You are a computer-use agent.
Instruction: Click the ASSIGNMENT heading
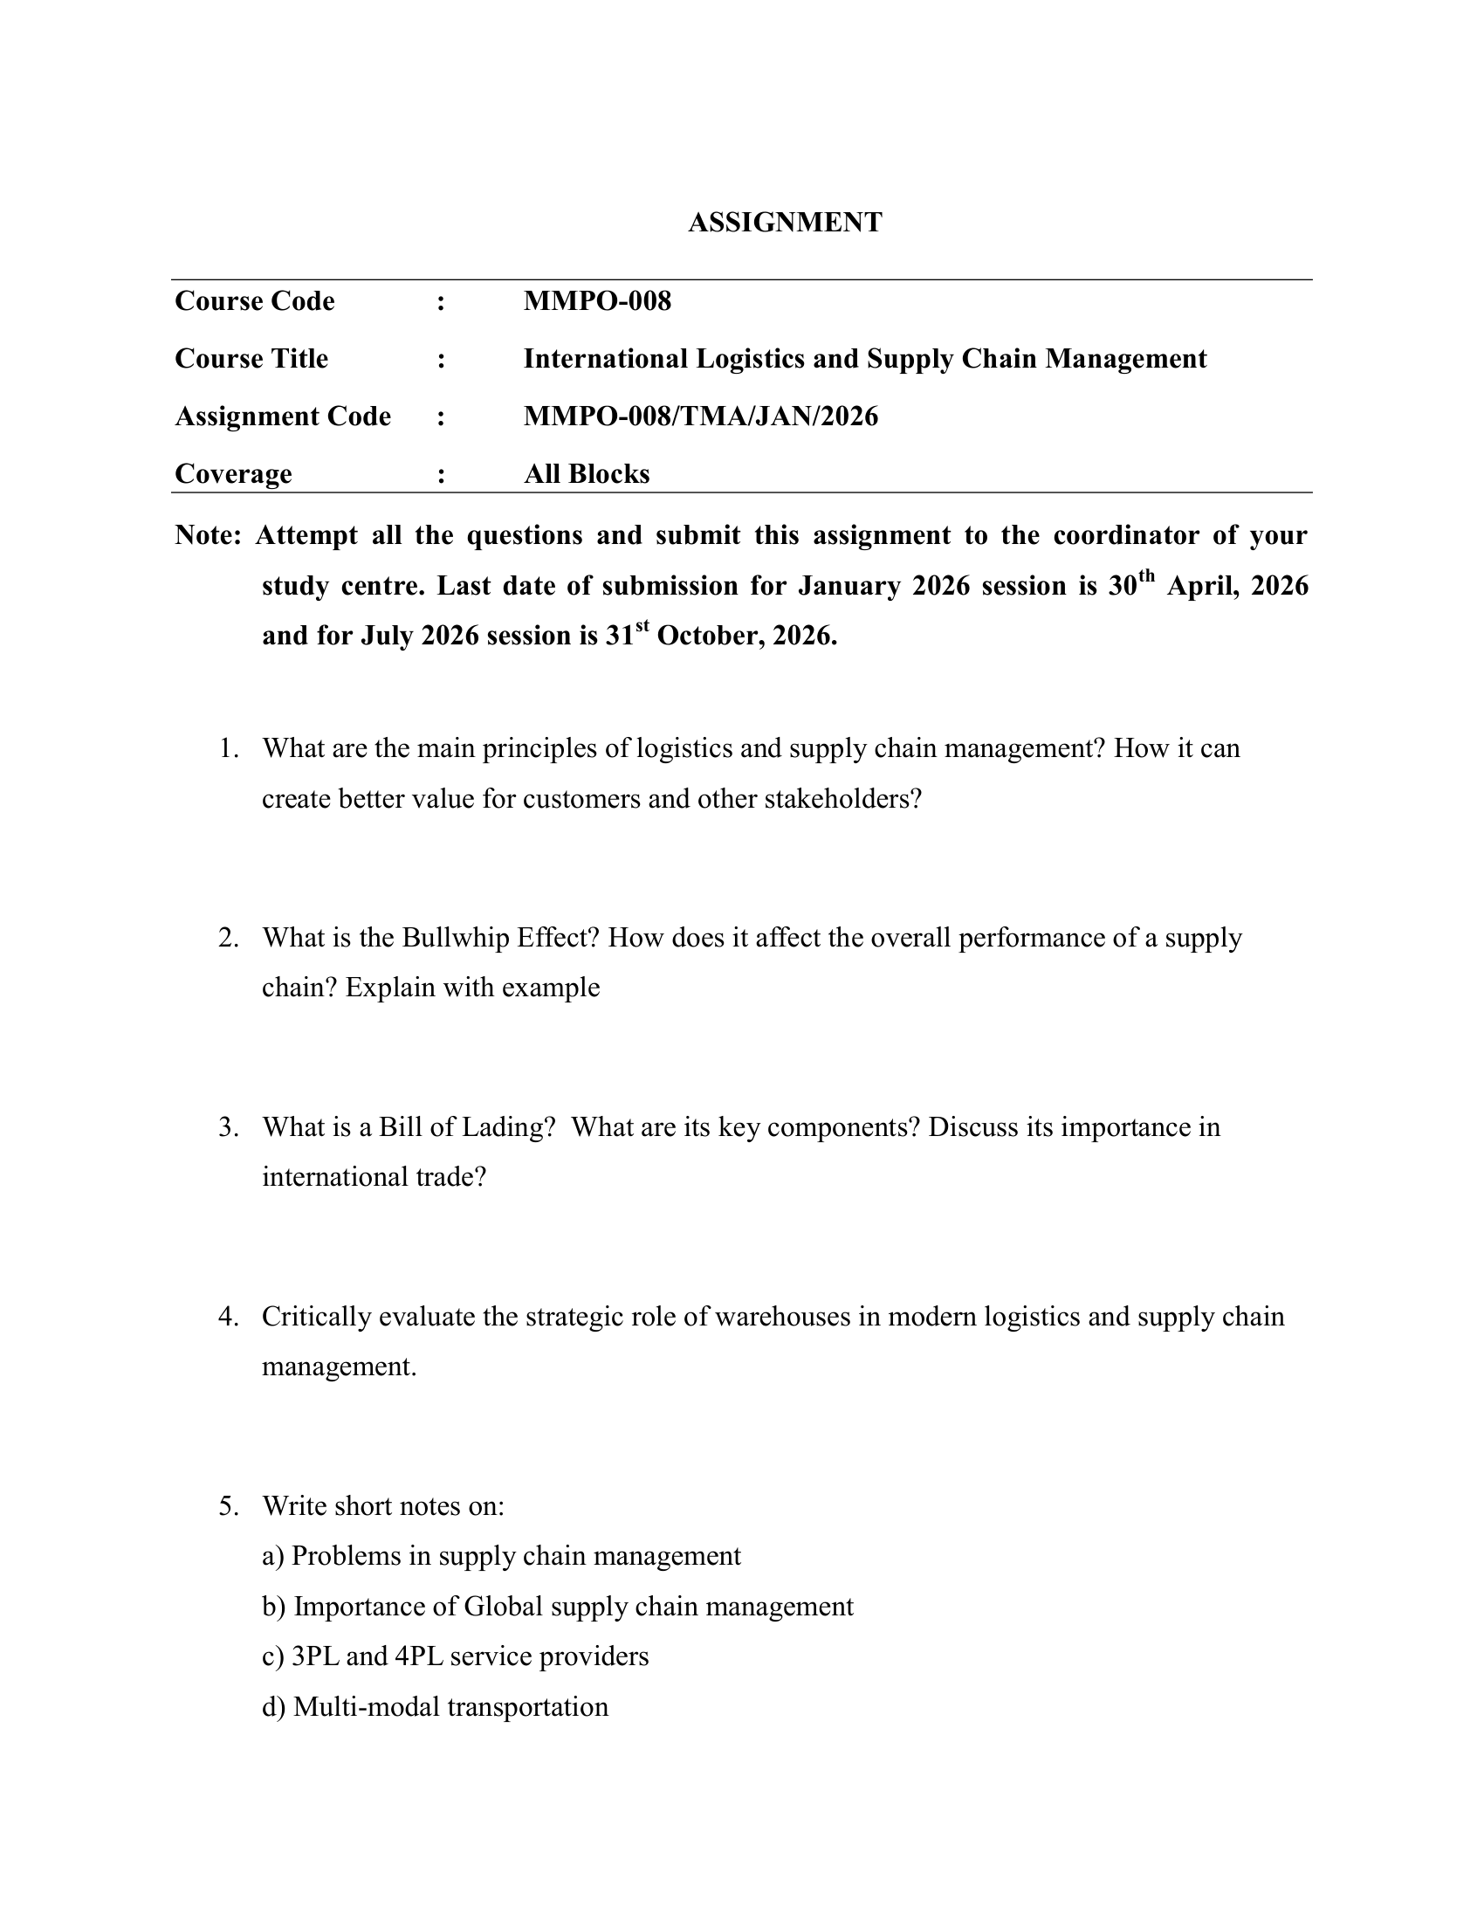[784, 223]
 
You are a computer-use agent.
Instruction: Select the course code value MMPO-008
[597, 302]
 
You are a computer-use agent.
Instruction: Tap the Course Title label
[251, 359]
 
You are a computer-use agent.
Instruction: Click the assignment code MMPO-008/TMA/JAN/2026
[701, 416]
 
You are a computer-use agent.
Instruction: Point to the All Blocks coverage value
[587, 474]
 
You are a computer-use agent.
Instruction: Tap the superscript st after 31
[642, 626]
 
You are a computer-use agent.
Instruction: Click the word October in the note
[711, 636]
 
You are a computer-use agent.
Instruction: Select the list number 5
[229, 1506]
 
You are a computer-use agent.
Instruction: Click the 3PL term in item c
[315, 1656]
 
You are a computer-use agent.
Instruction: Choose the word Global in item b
[504, 1606]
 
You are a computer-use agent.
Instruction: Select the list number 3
[229, 1127]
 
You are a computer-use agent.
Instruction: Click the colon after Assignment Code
[441, 417]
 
